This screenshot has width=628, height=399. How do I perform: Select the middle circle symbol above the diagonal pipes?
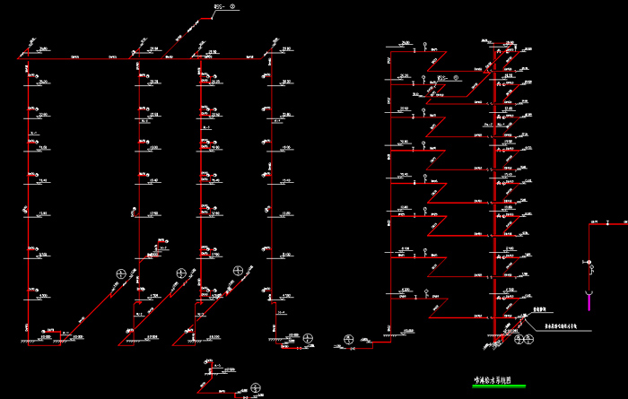[x=182, y=272]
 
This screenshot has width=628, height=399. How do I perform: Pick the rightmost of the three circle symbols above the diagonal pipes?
[x=237, y=270]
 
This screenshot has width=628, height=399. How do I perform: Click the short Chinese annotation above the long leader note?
[x=539, y=307]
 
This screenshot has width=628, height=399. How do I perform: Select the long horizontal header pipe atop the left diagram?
[x=144, y=57]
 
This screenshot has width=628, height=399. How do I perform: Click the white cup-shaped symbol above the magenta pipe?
[x=589, y=291]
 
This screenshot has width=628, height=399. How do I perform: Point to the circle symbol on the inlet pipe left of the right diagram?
[x=348, y=339]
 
